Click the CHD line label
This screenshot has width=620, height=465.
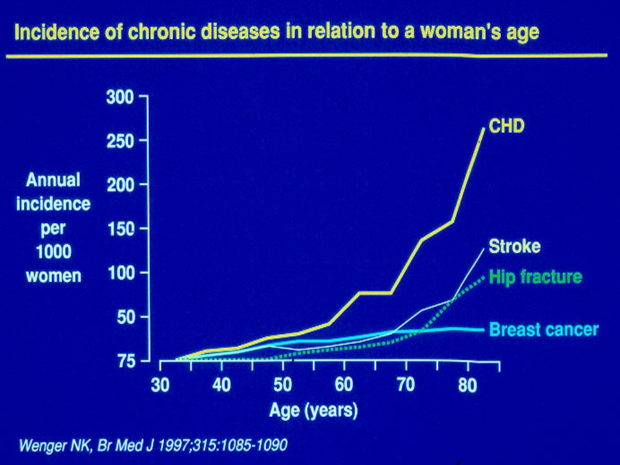[x=507, y=126]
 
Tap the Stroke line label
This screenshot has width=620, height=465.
[x=514, y=246]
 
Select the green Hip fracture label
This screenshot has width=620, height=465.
[x=535, y=277]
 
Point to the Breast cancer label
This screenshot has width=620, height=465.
[x=544, y=329]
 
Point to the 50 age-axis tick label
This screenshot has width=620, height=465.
[x=282, y=386]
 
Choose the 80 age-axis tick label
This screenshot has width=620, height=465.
[x=468, y=386]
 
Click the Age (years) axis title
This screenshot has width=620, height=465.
[x=313, y=409]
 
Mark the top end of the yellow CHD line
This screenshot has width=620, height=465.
[x=483, y=129]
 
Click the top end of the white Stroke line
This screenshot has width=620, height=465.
[x=483, y=247]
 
